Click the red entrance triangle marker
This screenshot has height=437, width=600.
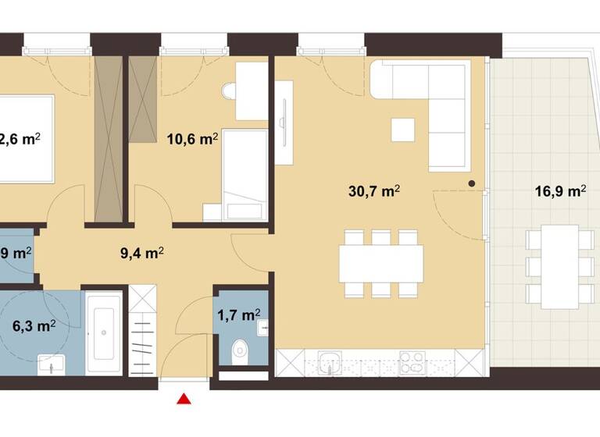click(184, 400)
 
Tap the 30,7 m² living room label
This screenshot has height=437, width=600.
click(374, 190)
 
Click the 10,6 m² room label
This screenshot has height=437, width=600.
click(192, 139)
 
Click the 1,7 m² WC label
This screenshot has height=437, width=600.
click(238, 314)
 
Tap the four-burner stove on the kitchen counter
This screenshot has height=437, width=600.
click(412, 362)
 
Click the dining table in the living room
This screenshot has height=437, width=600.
click(381, 264)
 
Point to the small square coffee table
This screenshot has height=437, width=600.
click(404, 129)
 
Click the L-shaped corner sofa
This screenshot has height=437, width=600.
click(437, 101)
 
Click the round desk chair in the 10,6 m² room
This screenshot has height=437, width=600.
click(229, 92)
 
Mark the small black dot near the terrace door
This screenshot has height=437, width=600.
click(472, 183)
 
